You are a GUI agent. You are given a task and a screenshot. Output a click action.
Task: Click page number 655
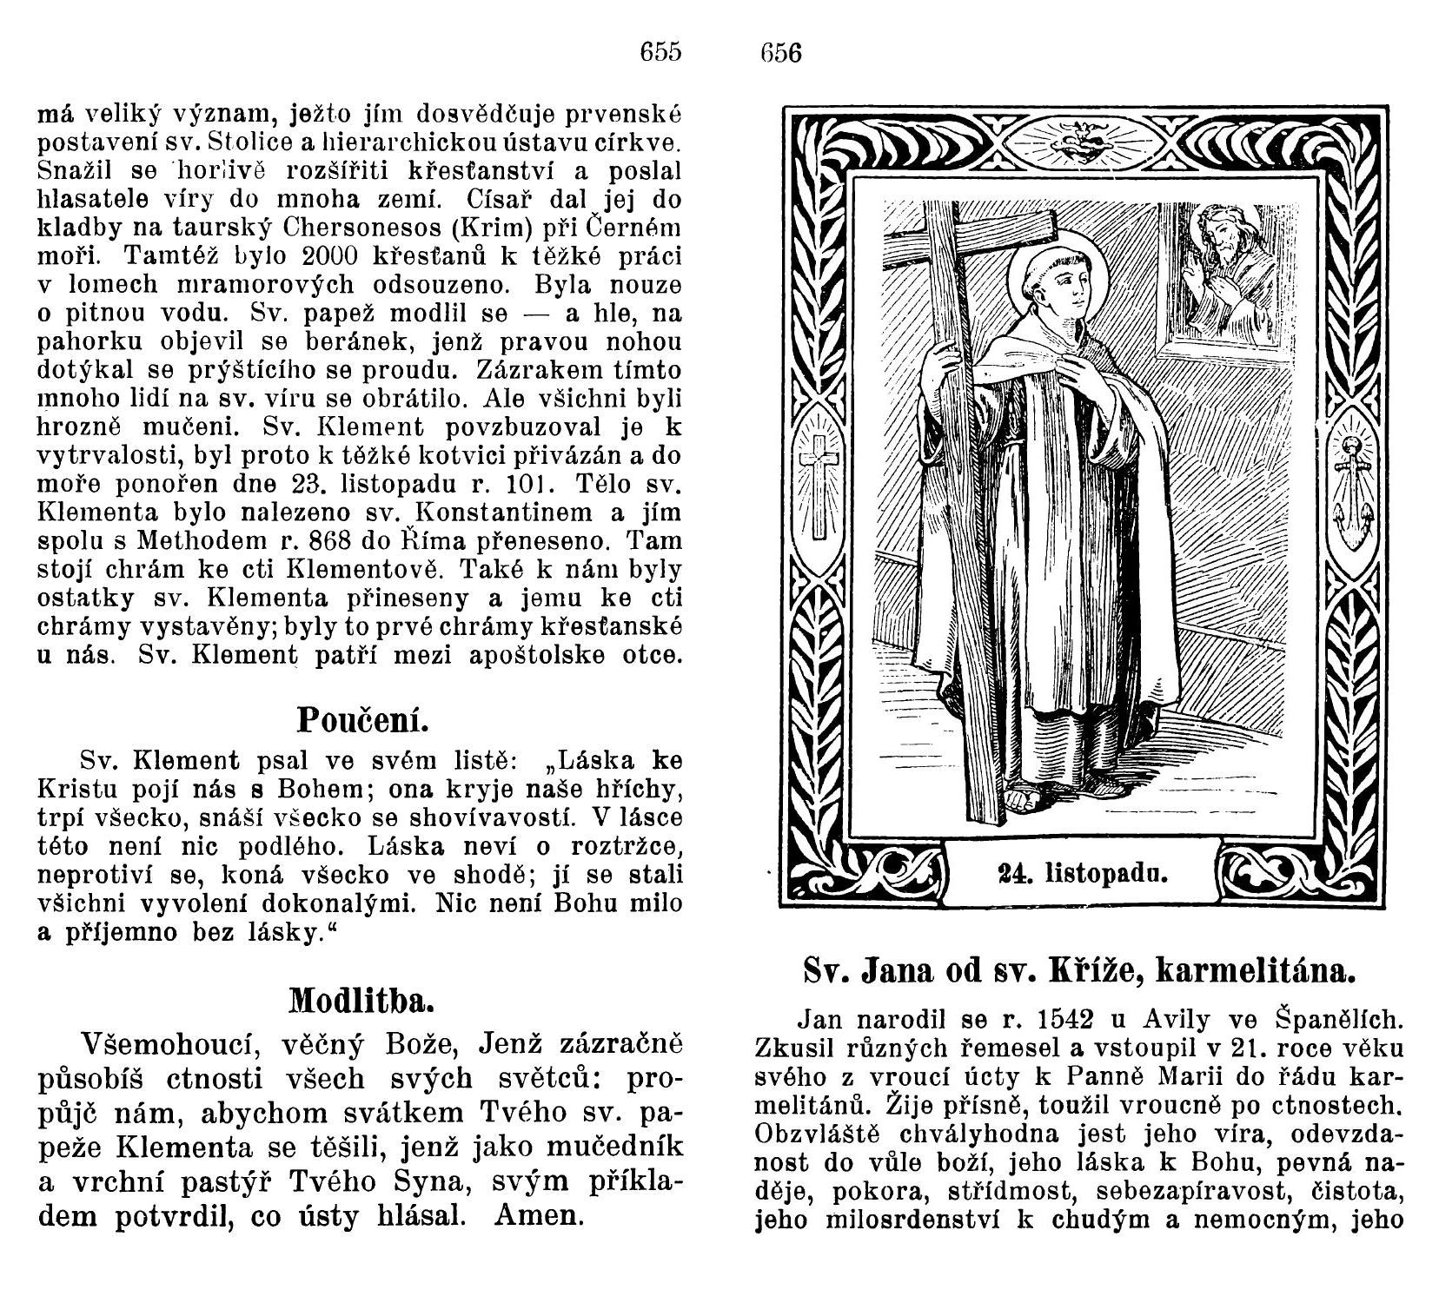coord(660,52)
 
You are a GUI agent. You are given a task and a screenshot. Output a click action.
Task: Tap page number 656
coord(780,54)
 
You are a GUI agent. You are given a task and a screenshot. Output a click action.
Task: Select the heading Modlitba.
coord(360,1002)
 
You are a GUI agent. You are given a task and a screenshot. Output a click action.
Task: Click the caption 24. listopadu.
coord(1083,873)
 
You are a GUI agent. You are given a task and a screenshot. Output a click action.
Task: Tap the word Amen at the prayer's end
coord(539,1214)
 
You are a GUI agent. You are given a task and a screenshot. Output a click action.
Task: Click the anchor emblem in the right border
coord(1354,491)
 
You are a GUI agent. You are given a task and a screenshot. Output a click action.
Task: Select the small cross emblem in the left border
coord(819,487)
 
